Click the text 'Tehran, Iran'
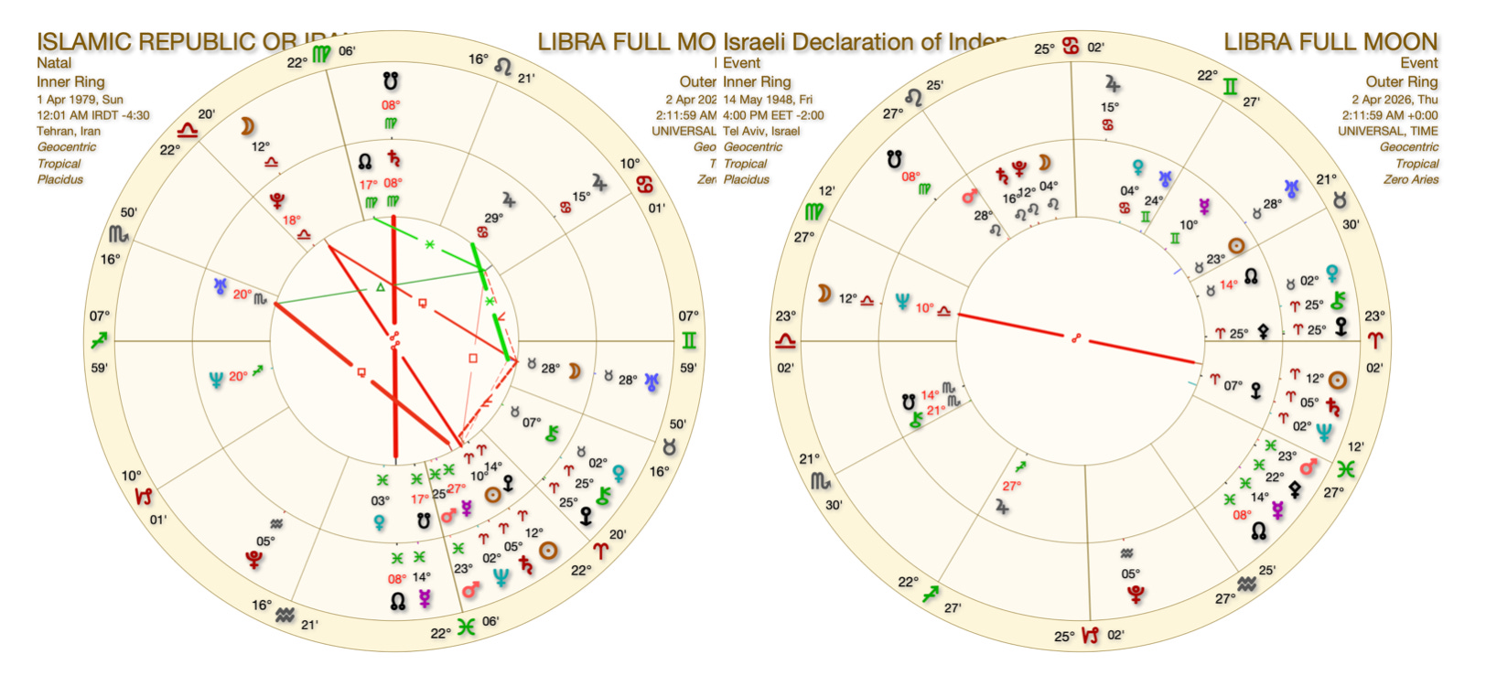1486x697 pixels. point(69,131)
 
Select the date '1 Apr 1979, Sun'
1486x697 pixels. point(80,99)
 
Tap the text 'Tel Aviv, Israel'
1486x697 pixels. point(761,131)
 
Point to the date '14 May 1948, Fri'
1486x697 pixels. point(768,99)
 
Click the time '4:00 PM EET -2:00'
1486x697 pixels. point(773,115)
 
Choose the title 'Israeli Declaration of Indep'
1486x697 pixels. point(865,42)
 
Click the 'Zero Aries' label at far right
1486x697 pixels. point(1410,179)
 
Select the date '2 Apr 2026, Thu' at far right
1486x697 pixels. point(1394,99)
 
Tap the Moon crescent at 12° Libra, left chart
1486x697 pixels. point(247,126)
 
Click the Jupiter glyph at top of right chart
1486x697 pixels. point(1112,84)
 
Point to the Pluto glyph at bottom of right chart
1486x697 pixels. point(1135,595)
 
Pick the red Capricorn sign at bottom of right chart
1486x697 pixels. point(1090,635)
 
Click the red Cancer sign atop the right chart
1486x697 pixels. point(1071,47)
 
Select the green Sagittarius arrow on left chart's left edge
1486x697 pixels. point(100,341)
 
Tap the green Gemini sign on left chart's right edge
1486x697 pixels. point(688,341)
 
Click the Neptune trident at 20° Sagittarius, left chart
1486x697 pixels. point(216,379)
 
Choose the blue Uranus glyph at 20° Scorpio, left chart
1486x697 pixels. point(221,286)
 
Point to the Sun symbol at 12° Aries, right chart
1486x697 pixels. point(1337,380)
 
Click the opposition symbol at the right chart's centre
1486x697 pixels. point(1076,338)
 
